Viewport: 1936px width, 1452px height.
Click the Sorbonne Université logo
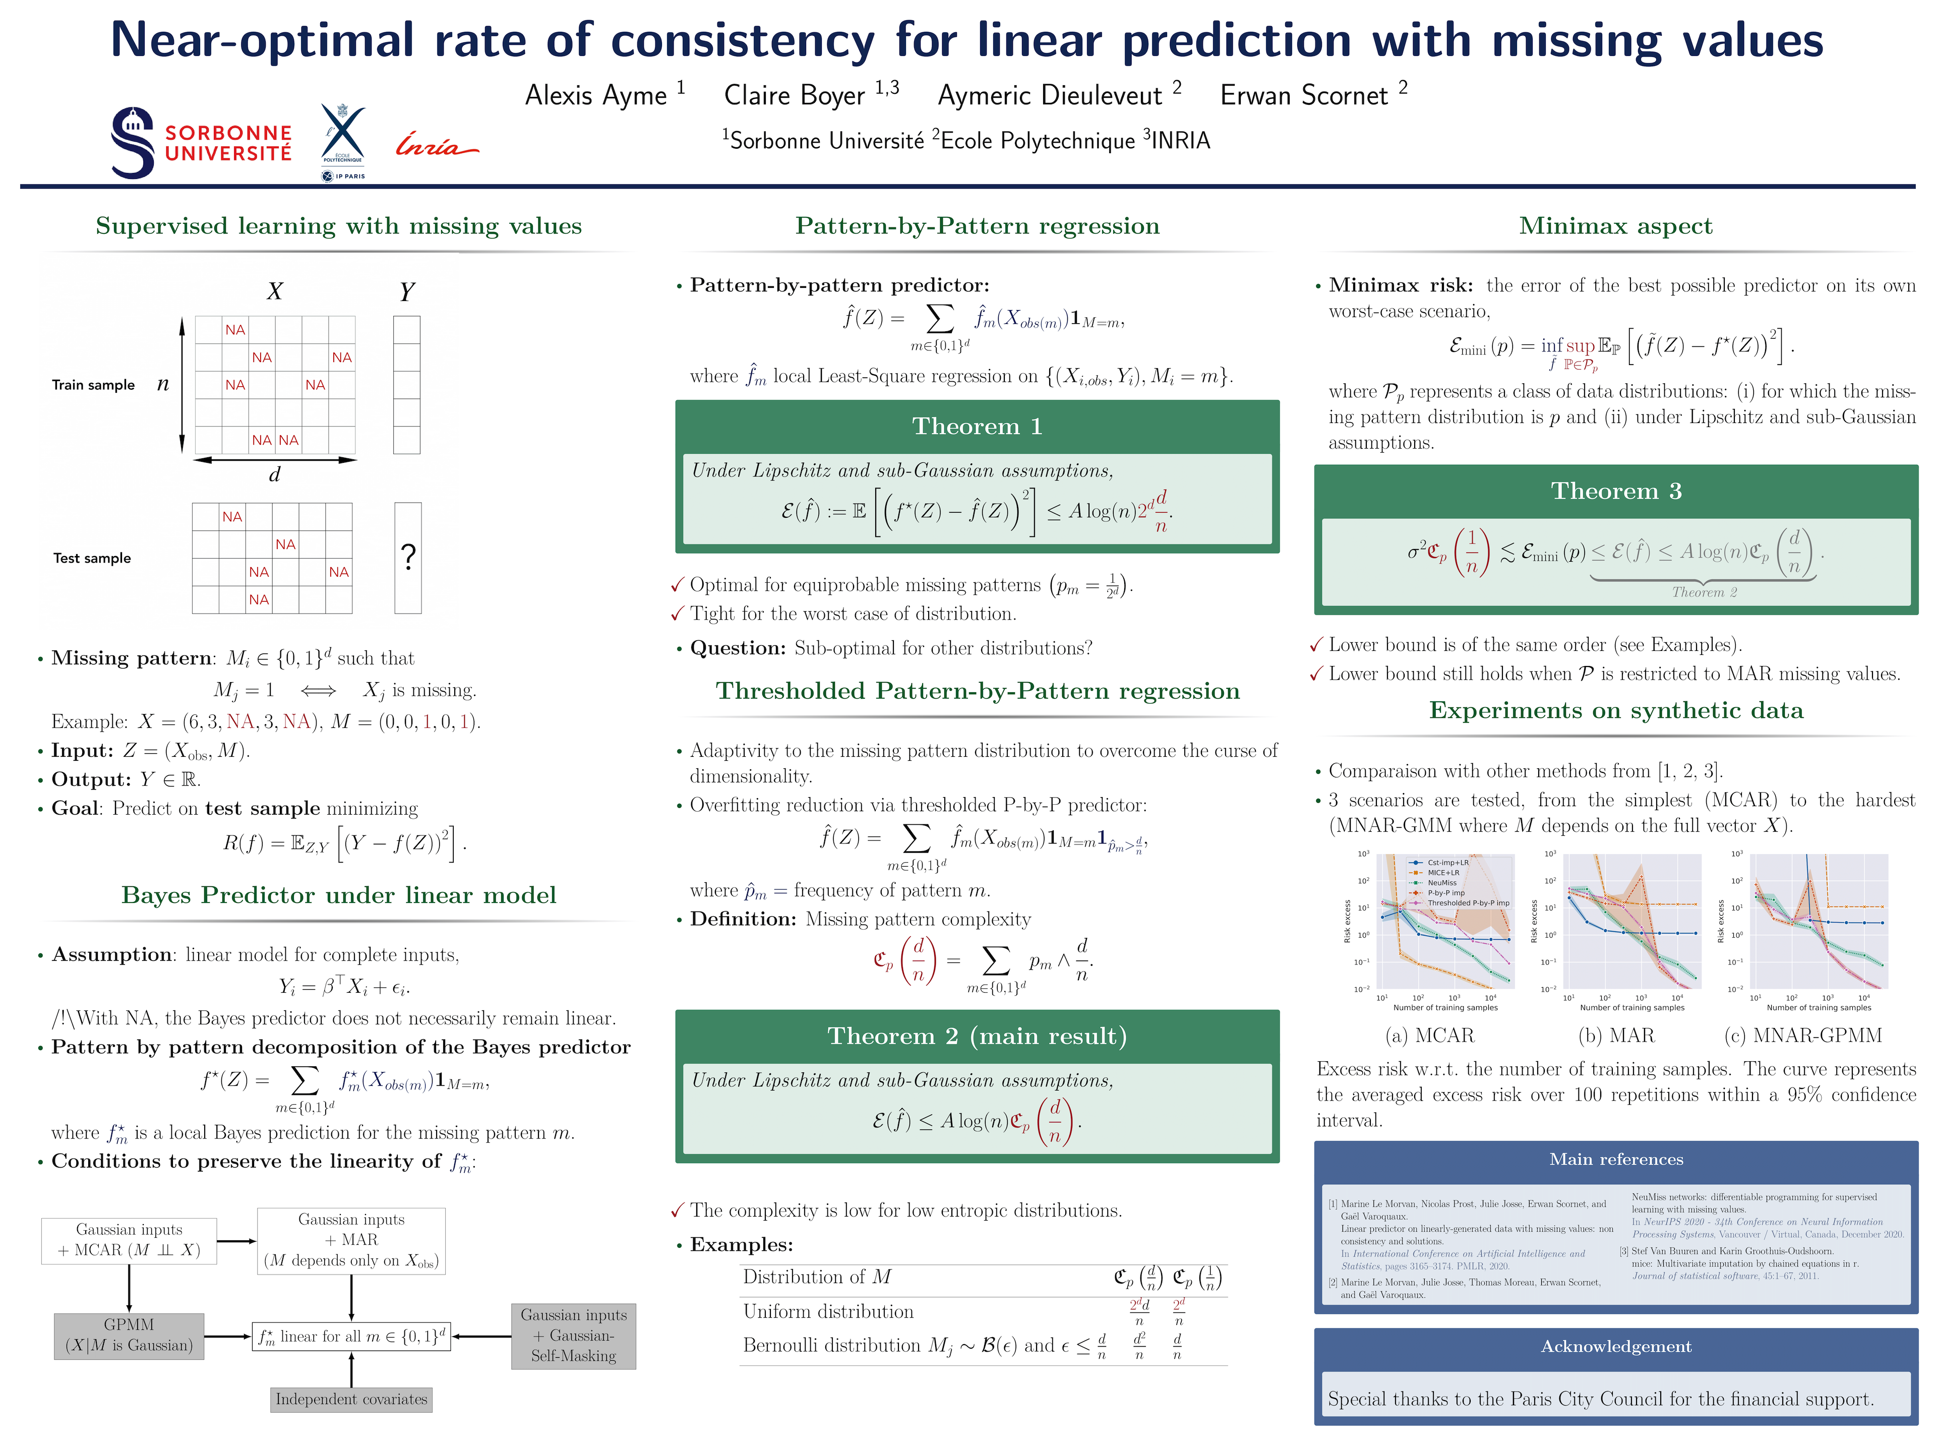(201, 143)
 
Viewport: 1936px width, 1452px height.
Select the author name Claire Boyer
(794, 94)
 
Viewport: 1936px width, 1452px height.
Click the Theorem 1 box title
(977, 426)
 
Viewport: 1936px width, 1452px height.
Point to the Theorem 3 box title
(1616, 491)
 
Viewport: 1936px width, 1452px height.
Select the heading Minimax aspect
(1616, 226)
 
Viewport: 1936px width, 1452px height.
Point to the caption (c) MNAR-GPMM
(1803, 1036)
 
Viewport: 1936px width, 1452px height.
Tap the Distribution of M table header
(817, 1277)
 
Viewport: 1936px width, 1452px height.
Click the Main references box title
(1616, 1159)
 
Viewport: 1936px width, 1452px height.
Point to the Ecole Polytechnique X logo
(343, 140)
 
